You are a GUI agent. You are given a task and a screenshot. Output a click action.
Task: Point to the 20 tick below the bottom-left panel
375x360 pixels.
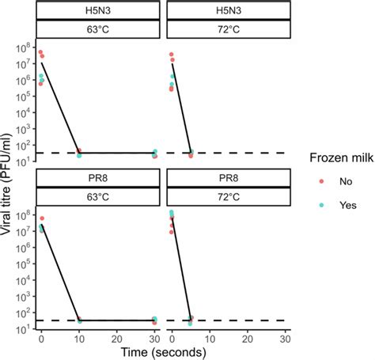point(116,338)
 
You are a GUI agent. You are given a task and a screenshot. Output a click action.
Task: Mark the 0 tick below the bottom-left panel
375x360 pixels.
point(41,338)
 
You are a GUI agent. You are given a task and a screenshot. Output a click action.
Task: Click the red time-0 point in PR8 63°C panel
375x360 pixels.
point(41,218)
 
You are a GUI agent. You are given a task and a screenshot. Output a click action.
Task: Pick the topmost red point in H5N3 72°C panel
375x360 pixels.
point(171,55)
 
